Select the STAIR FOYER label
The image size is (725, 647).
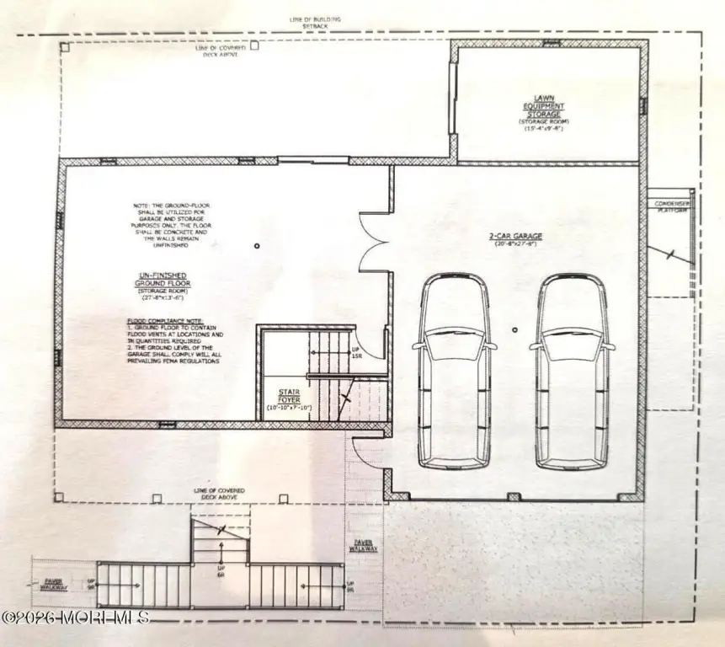(290, 396)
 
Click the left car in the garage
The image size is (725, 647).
(453, 371)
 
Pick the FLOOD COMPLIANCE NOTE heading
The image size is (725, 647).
(156, 322)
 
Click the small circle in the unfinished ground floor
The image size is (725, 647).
(258, 245)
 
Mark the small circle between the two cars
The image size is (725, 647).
(514, 332)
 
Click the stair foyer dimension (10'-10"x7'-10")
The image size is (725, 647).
(290, 408)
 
